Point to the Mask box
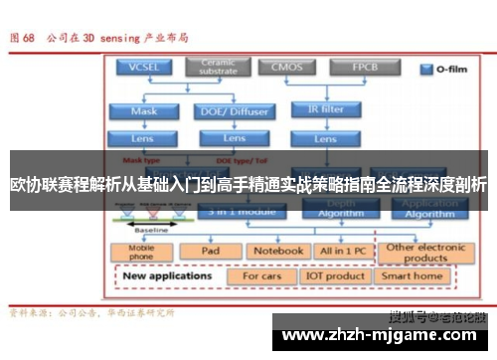144,111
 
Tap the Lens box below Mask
144,138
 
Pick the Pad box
210,252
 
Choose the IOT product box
335,275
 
